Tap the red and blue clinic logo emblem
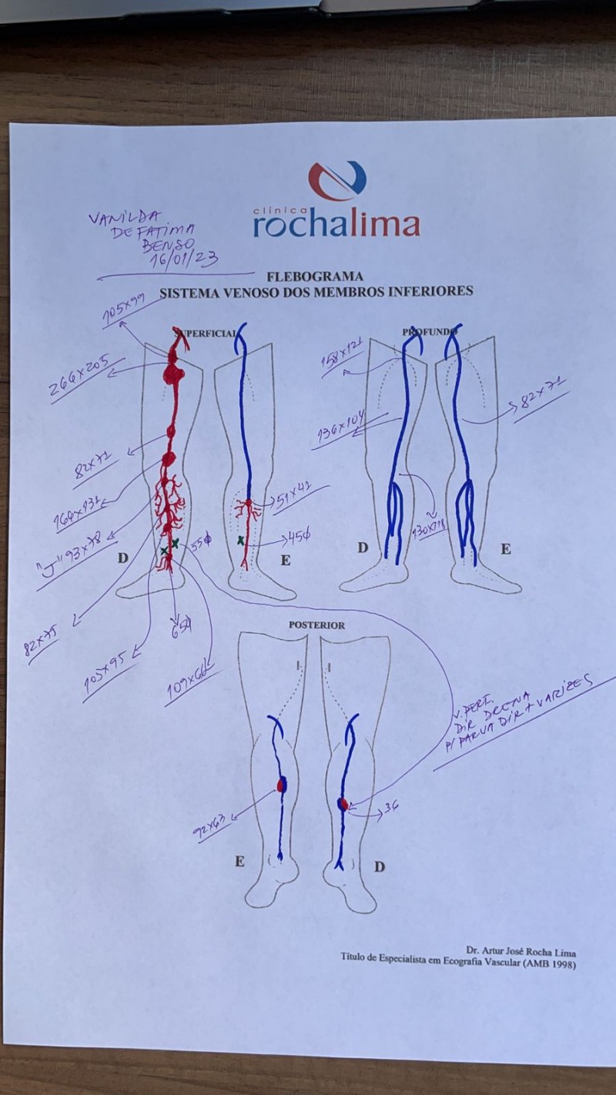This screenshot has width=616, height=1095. [x=336, y=181]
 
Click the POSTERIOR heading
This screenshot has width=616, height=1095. [x=316, y=625]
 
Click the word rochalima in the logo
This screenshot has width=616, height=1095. [x=336, y=224]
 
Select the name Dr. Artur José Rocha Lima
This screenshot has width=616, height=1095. [x=521, y=952]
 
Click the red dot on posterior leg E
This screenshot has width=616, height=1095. [x=281, y=785]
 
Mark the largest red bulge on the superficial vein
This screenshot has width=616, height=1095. [x=174, y=376]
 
